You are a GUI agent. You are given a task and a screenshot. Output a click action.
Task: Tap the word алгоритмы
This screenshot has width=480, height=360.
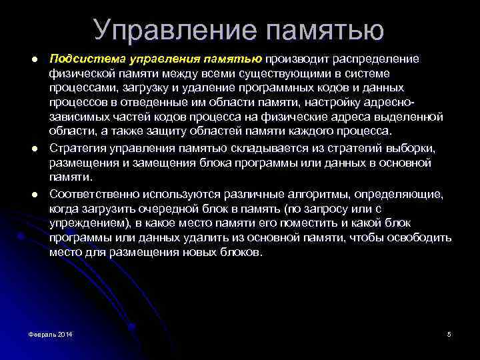[292, 193]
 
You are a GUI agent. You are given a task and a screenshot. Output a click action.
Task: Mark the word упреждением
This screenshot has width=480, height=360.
[84, 223]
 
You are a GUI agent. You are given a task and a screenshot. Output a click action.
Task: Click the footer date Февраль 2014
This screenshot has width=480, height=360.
[51, 334]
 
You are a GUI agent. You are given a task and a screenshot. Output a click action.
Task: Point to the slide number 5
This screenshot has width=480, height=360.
[449, 334]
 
